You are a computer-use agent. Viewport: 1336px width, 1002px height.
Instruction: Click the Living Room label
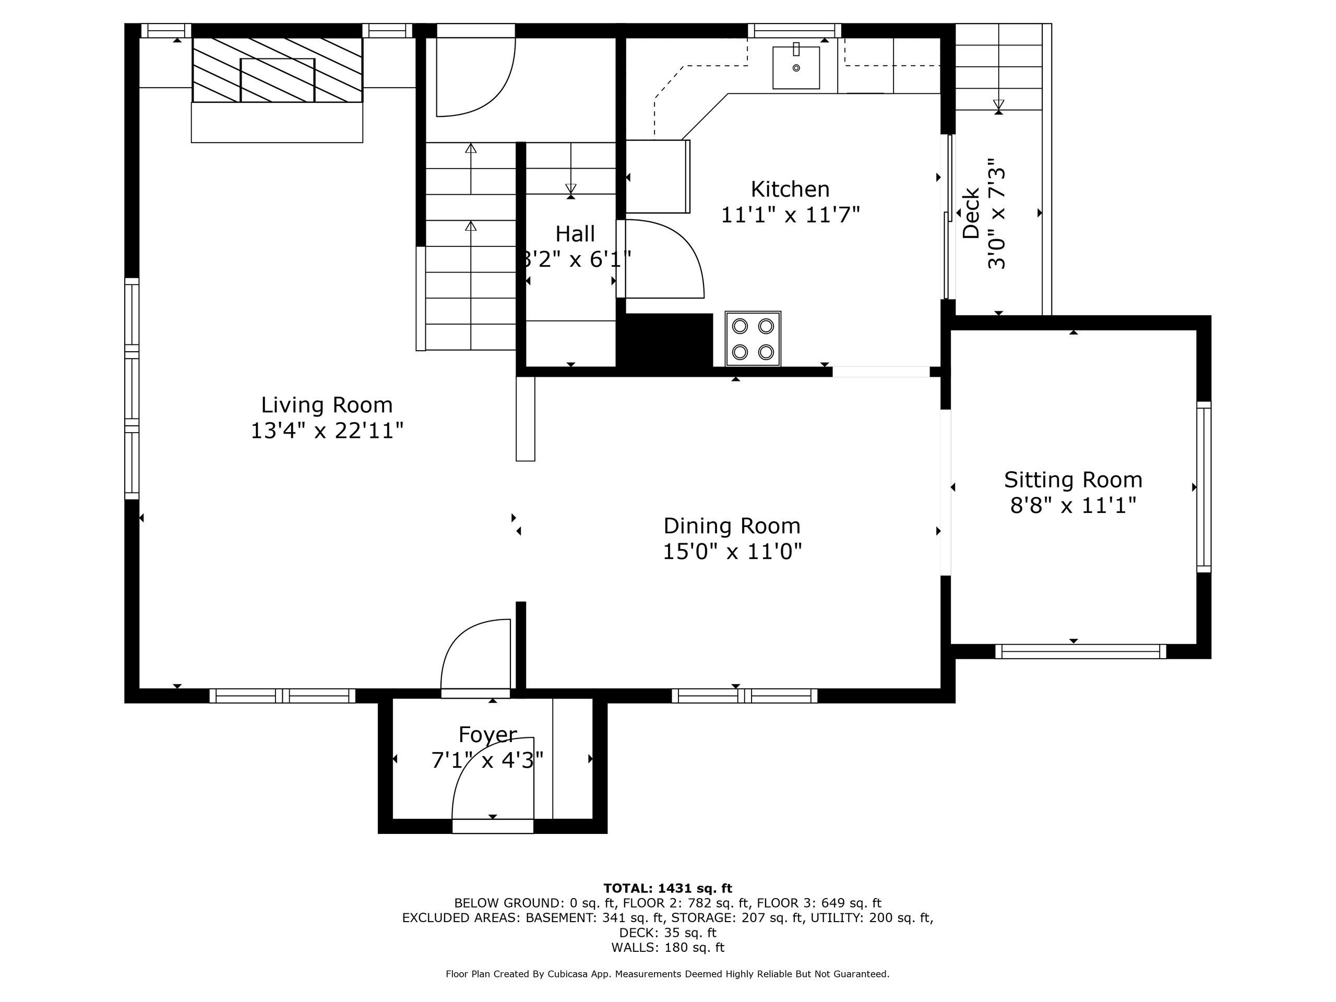327,404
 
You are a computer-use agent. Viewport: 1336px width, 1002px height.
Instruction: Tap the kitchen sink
796,67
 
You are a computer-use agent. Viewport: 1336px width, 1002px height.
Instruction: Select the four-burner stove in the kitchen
753,339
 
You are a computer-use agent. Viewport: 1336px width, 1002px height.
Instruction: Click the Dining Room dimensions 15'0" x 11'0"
732,552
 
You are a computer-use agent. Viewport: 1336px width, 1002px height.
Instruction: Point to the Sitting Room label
1072,480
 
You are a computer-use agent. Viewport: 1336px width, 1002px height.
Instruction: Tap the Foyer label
487,734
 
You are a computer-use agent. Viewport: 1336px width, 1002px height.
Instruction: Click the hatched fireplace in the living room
277,70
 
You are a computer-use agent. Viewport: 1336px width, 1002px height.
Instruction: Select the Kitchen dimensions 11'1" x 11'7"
790,214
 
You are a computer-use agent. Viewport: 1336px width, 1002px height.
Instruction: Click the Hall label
575,234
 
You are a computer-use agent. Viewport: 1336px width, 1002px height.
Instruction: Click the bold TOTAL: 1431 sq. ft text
667,888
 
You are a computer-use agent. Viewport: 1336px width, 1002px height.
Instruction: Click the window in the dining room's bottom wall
744,696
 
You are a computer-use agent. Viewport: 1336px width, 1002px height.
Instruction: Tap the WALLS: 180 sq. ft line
667,947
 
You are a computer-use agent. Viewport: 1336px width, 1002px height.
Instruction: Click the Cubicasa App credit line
667,974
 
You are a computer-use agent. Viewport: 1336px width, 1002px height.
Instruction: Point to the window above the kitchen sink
794,30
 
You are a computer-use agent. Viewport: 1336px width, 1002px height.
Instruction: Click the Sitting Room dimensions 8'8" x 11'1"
1072,506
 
